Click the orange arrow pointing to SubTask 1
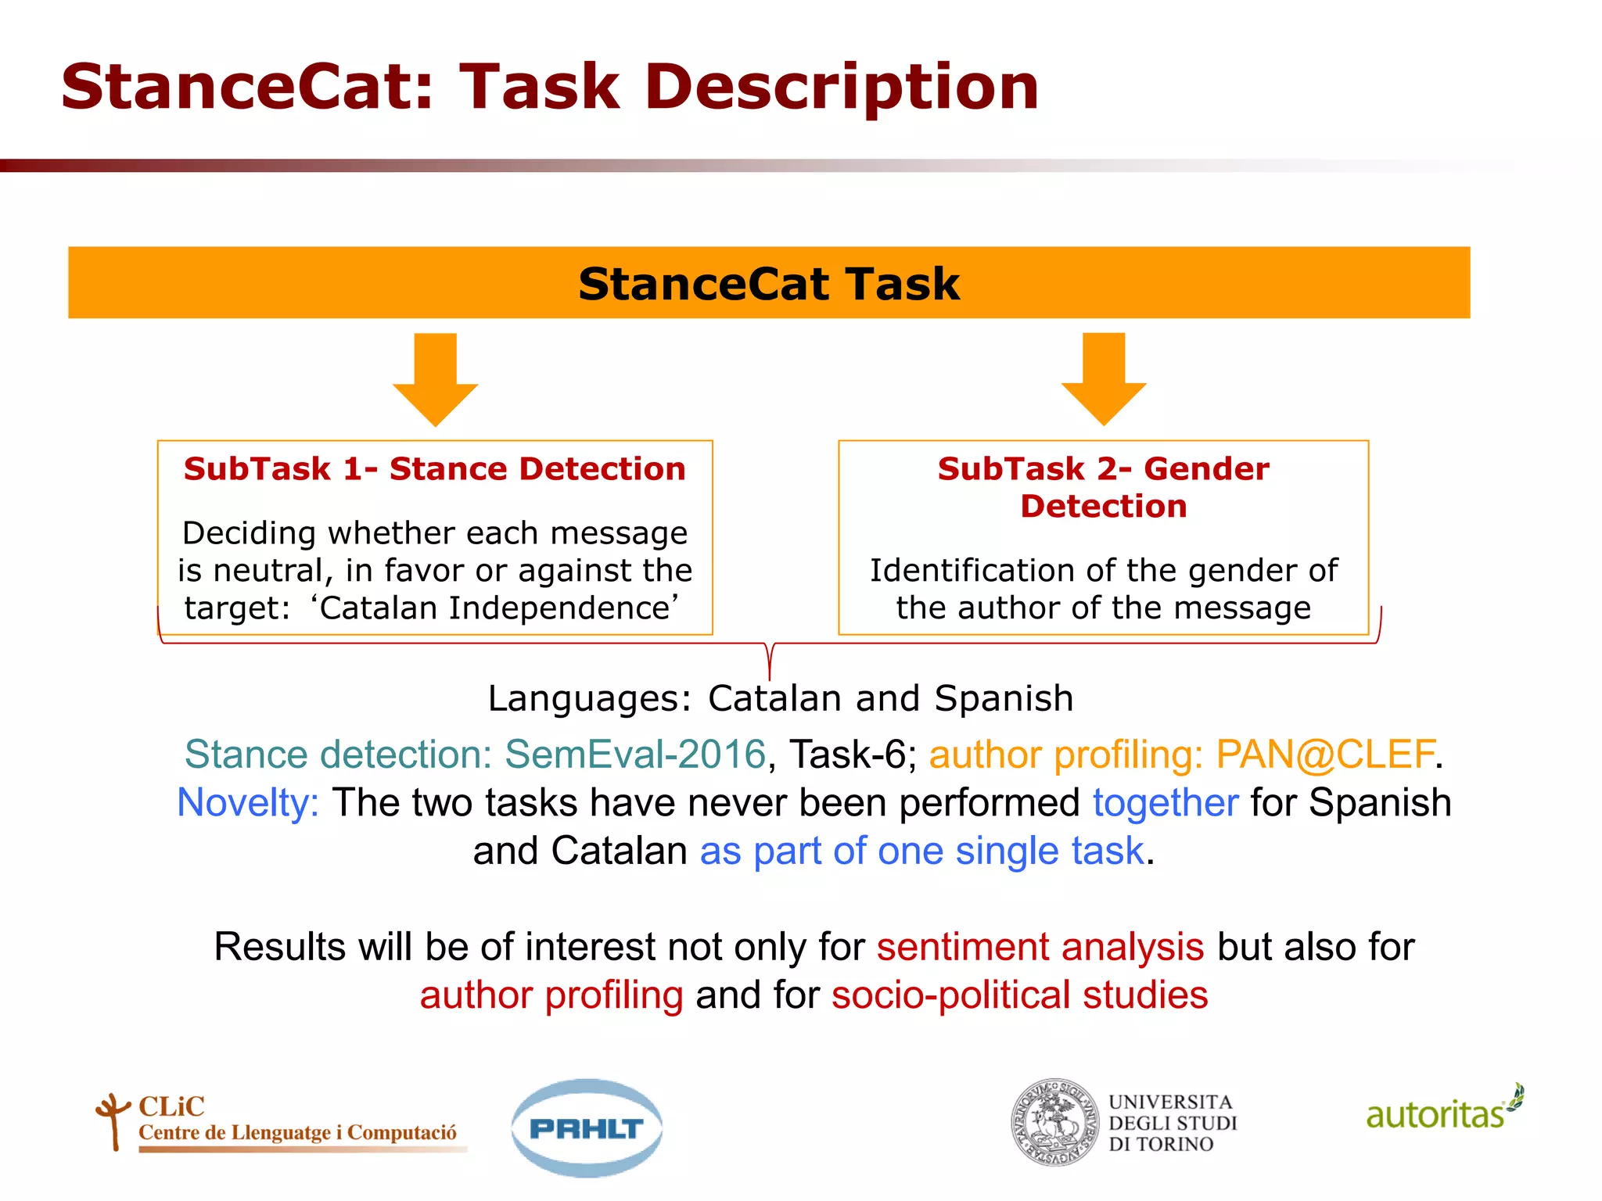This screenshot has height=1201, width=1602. click(x=435, y=380)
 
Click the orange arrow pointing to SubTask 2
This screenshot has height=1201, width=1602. click(x=1104, y=379)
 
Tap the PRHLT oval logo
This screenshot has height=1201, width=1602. click(x=587, y=1128)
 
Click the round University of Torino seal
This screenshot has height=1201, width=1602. click(x=1055, y=1123)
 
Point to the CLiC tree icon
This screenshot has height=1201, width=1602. click(x=113, y=1120)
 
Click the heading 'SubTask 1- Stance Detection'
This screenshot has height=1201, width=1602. click(x=435, y=469)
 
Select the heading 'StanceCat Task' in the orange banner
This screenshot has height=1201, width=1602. click(x=769, y=284)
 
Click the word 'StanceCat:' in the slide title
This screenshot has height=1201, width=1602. click(x=247, y=87)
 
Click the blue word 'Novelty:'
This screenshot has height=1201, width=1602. click(x=248, y=803)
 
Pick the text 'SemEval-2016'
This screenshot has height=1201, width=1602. click(x=634, y=755)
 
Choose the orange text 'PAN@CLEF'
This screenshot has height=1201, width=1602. click(x=1325, y=755)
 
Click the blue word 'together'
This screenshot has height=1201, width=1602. click(x=1166, y=803)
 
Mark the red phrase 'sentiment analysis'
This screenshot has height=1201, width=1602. click(x=1040, y=947)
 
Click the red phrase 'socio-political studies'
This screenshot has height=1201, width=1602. click(x=1019, y=995)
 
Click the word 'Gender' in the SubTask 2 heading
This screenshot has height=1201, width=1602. click(x=1205, y=469)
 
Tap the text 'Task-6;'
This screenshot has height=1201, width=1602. click(x=853, y=755)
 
